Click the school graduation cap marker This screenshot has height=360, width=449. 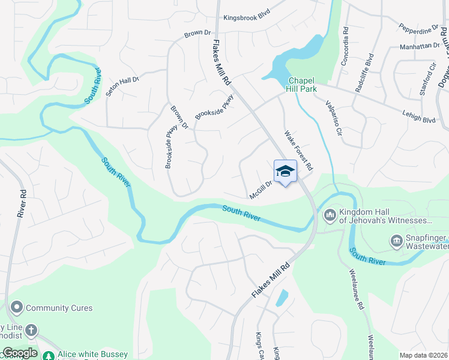(285, 172)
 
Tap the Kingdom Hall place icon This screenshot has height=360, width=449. (330, 215)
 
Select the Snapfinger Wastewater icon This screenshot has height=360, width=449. (396, 241)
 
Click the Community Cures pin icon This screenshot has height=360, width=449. (16, 308)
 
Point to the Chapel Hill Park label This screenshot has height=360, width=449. (302, 85)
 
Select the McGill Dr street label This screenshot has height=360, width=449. (261, 190)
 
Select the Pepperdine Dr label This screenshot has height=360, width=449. (418, 29)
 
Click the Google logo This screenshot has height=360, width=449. (19, 353)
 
